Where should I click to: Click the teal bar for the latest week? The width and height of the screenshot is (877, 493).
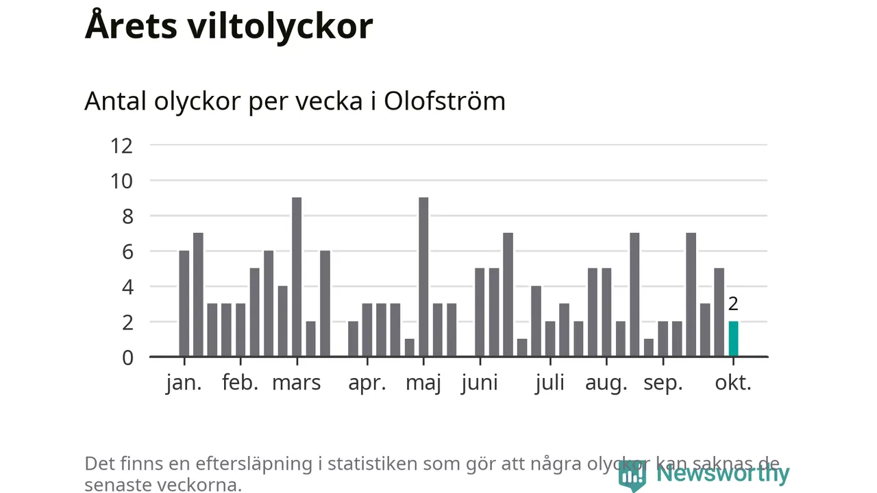pyautogui.click(x=733, y=339)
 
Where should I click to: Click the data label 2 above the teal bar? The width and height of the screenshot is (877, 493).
pyautogui.click(x=733, y=304)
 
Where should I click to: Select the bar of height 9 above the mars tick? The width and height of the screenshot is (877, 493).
pyautogui.click(x=297, y=277)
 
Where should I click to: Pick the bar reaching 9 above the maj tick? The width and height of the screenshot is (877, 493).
pyautogui.click(x=423, y=277)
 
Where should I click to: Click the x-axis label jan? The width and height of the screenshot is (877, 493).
pyautogui.click(x=184, y=383)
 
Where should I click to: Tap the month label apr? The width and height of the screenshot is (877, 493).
pyautogui.click(x=367, y=383)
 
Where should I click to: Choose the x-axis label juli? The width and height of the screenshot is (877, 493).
pyautogui.click(x=550, y=383)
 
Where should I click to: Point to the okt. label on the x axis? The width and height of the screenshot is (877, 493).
pyautogui.click(x=733, y=383)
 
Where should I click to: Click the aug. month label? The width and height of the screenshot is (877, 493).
pyautogui.click(x=606, y=383)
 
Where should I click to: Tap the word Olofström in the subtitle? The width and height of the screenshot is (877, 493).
pyautogui.click(x=444, y=101)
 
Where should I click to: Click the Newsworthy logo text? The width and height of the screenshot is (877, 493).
pyautogui.click(x=723, y=473)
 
